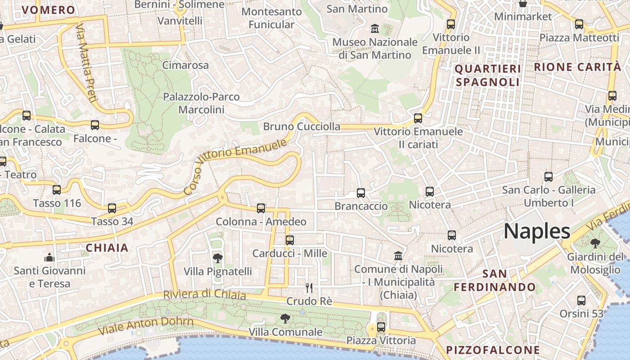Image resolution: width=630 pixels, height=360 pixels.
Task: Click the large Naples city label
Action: [x=537, y=231]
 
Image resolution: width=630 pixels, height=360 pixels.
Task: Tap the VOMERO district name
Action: [x=48, y=10]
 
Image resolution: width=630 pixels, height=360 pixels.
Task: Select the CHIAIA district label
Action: [x=107, y=247]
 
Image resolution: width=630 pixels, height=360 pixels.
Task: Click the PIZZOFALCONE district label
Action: [x=493, y=350]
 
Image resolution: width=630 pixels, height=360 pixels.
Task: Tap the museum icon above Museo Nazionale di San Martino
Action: [x=374, y=29]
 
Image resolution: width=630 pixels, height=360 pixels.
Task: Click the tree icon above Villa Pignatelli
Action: [x=217, y=258]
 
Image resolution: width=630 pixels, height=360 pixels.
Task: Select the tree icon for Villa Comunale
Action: [x=285, y=319]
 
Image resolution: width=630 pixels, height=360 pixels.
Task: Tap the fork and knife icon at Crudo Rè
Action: [x=309, y=288]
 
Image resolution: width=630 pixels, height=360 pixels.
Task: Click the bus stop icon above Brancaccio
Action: [x=361, y=193]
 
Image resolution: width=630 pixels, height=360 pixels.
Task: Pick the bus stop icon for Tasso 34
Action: [x=112, y=208]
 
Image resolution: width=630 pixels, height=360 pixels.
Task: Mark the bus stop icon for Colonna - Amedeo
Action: [x=261, y=208]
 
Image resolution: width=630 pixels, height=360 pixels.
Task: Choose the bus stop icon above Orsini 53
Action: [x=581, y=300]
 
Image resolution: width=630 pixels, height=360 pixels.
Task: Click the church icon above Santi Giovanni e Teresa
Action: [x=49, y=257]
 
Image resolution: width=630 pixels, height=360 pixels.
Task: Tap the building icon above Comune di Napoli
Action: [x=398, y=256]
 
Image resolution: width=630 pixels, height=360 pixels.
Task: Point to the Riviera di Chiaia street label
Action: [x=204, y=294]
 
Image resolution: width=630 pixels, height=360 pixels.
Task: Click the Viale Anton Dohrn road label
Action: [x=146, y=326]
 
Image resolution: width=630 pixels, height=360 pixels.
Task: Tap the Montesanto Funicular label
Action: [x=271, y=18]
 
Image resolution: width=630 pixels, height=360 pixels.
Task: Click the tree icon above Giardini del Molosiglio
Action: [x=595, y=243]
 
